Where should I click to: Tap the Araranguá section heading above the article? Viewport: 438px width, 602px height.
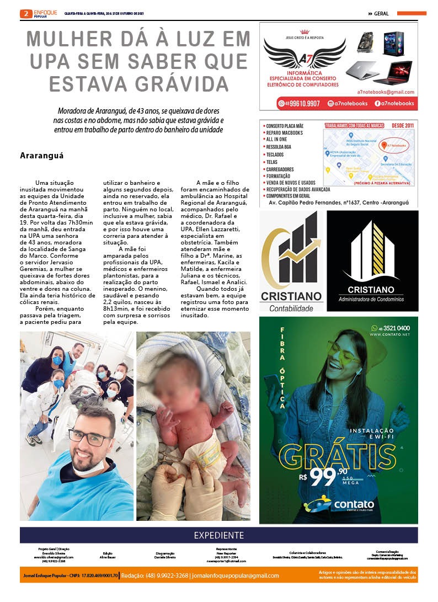(x=42, y=156)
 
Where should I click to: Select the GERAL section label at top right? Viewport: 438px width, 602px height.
(x=381, y=13)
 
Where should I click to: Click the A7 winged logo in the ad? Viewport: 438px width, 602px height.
(x=305, y=54)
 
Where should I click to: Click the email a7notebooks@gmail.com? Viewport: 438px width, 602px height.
(x=386, y=92)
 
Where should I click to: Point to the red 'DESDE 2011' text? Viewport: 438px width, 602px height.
(x=402, y=126)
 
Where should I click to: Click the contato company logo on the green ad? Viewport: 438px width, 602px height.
(x=339, y=504)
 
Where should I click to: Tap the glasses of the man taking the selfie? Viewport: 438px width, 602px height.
(x=91, y=435)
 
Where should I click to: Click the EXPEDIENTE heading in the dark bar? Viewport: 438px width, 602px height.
(x=218, y=535)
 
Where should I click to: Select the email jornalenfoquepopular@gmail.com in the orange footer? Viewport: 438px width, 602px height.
(x=235, y=576)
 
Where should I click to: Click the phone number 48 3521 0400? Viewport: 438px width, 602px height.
(x=391, y=328)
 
